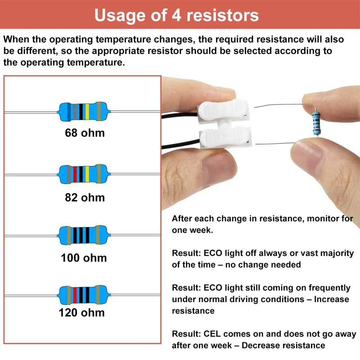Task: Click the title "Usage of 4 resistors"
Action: pos(177,15)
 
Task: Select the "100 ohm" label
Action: pos(84,258)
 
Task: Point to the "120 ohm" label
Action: pos(81,312)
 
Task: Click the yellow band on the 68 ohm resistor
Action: pos(87,111)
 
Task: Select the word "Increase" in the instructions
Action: pos(333,299)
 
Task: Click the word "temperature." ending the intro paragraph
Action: pos(94,63)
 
